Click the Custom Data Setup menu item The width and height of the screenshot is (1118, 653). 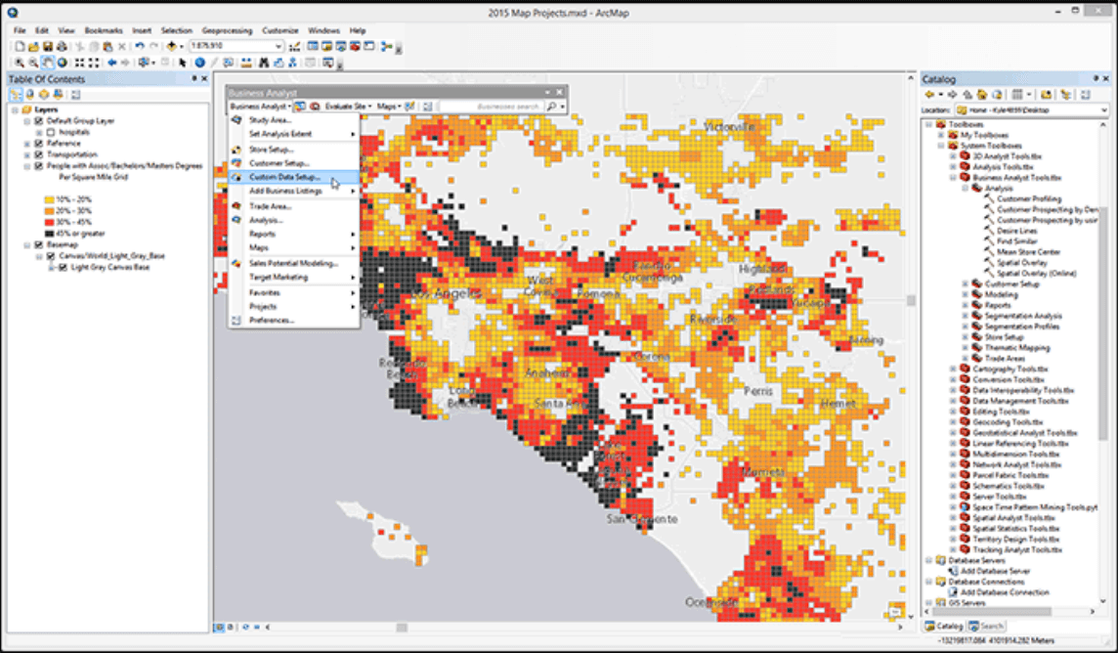(x=284, y=177)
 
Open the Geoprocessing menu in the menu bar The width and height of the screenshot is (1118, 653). (x=226, y=30)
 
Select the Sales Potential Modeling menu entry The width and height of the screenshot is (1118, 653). (x=293, y=263)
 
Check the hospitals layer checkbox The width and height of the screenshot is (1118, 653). (x=51, y=131)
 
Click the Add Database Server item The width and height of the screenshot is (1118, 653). (x=995, y=570)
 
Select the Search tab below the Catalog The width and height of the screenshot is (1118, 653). (x=992, y=626)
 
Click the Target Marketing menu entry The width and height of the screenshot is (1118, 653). (x=278, y=278)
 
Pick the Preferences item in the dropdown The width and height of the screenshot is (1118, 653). (x=271, y=321)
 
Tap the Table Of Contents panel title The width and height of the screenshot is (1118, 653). (x=46, y=79)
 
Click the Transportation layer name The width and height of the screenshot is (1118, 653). (x=71, y=154)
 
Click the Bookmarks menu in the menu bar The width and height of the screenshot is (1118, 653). (x=104, y=30)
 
